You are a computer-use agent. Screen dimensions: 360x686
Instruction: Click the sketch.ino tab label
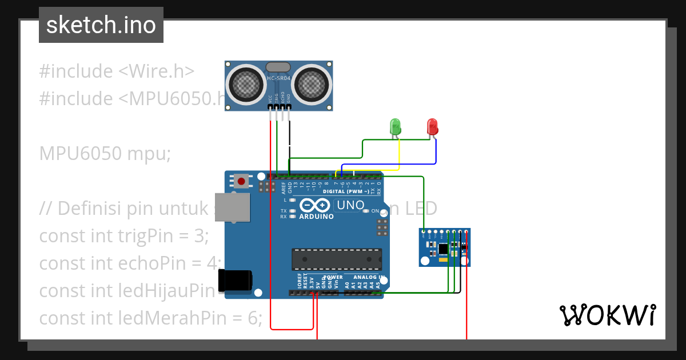click(101, 25)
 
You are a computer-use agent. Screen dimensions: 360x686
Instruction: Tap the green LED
click(394, 126)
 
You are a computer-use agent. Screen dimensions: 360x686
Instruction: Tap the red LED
click(432, 126)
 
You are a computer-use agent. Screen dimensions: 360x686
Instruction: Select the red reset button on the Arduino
click(241, 182)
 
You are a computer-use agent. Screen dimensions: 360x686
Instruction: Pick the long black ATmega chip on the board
click(337, 259)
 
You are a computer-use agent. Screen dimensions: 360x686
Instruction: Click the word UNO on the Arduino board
click(350, 205)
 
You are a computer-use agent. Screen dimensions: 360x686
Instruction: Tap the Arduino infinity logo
click(314, 206)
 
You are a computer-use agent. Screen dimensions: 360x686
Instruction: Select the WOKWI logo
click(607, 315)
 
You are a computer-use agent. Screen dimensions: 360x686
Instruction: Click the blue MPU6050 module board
click(444, 247)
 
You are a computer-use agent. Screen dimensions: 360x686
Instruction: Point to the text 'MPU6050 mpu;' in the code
click(105, 153)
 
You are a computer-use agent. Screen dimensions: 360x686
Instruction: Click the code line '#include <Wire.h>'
click(117, 71)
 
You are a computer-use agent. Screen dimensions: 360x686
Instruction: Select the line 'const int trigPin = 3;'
click(124, 235)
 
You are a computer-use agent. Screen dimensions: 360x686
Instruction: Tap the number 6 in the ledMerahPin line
click(253, 318)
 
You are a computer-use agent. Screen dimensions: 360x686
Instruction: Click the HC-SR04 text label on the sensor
click(278, 78)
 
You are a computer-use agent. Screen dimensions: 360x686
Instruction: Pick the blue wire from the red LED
click(436, 151)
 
